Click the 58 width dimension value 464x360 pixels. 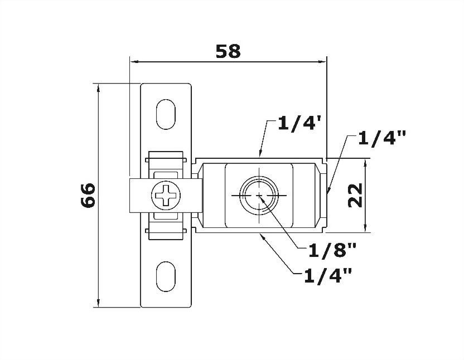pyautogui.click(x=228, y=51)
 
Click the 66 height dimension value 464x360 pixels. pyautogui.click(x=88, y=195)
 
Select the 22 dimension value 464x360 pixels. pyautogui.click(x=355, y=195)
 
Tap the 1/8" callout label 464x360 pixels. pyautogui.click(x=332, y=250)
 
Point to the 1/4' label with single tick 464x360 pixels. pyautogui.click(x=299, y=124)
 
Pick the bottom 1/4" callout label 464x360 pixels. pyautogui.click(x=328, y=276)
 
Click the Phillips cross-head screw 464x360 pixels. pyautogui.click(x=166, y=196)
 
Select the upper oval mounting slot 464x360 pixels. pyautogui.click(x=166, y=114)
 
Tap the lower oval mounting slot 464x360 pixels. pyautogui.click(x=166, y=276)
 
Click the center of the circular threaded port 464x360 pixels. pyautogui.click(x=259, y=196)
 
